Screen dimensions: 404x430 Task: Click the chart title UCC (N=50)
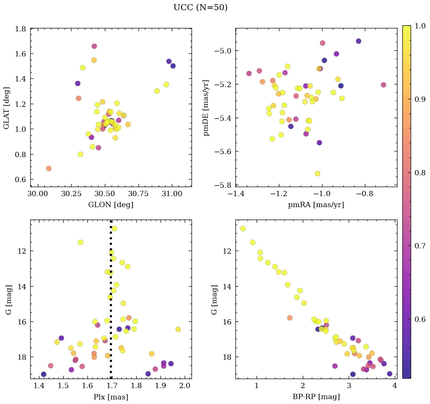pyautogui.click(x=200, y=8)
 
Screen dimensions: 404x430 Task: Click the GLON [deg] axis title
pyautogui.click(x=111, y=205)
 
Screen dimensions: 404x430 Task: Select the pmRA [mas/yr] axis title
pyautogui.click(x=316, y=205)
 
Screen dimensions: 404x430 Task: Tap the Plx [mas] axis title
pyautogui.click(x=111, y=397)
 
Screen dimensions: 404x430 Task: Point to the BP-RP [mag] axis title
pyautogui.click(x=316, y=397)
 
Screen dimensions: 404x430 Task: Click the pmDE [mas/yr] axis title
pyautogui.click(x=206, y=108)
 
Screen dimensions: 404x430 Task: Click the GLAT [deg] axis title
pyautogui.click(x=6, y=108)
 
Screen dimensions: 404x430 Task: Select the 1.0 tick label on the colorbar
pyautogui.click(x=420, y=26)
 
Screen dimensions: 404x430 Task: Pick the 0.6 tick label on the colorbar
pyautogui.click(x=420, y=319)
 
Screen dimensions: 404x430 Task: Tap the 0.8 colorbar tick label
pyautogui.click(x=420, y=172)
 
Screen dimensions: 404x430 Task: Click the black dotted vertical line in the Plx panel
pyautogui.click(x=111, y=303)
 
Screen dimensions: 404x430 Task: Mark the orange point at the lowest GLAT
pyautogui.click(x=49, y=168)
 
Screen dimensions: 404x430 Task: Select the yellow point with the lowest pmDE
pyautogui.click(x=318, y=173)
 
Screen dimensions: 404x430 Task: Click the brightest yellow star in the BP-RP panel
pyautogui.click(x=243, y=228)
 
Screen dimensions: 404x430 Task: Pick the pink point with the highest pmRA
pyautogui.click(x=383, y=85)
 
